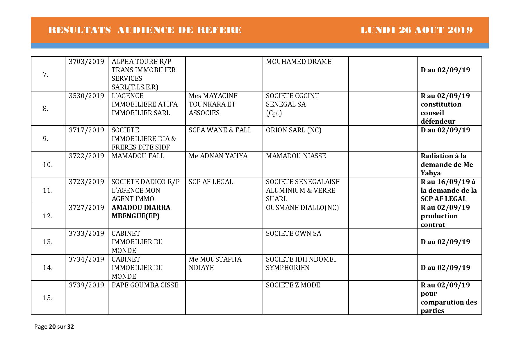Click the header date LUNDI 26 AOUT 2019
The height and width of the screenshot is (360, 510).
tap(416, 30)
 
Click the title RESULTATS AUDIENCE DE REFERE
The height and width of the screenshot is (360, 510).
tap(145, 30)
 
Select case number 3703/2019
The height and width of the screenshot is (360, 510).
tap(86, 62)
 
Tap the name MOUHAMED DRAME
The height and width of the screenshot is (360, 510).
tap(299, 62)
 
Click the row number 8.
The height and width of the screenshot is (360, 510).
tap(45, 109)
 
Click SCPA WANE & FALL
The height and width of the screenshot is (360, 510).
tap(220, 130)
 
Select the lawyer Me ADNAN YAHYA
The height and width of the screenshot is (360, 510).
tap(218, 156)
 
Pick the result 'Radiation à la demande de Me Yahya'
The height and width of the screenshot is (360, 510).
tap(447, 164)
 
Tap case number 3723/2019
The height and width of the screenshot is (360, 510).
tap(86, 182)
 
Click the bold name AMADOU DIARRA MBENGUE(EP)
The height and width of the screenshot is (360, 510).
tap(141, 212)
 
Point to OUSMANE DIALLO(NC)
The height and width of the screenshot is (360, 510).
tap(302, 208)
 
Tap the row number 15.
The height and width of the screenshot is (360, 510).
tap(47, 298)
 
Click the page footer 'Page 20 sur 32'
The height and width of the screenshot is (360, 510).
tap(54, 327)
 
